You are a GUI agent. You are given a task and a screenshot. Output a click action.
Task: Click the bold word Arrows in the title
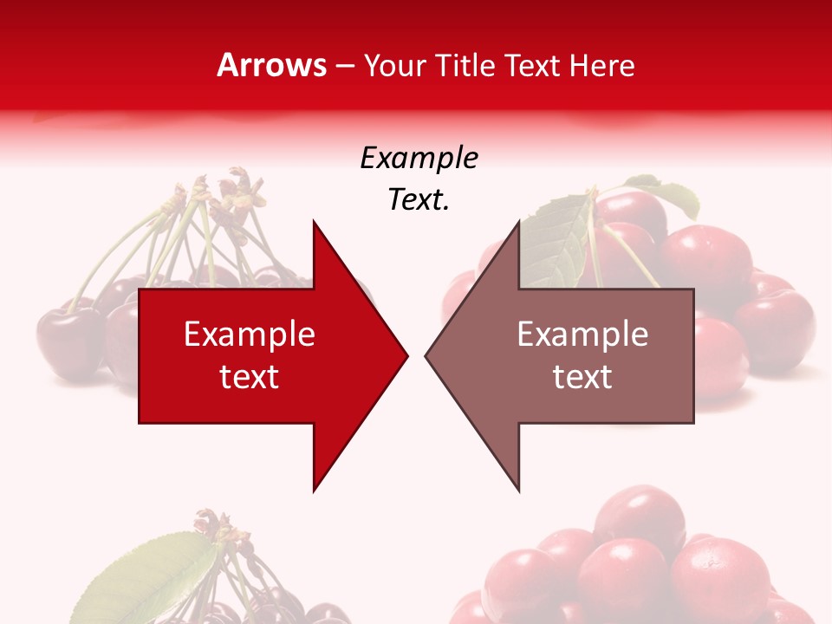click(x=272, y=65)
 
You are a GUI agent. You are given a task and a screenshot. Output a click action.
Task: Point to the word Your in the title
click(x=395, y=65)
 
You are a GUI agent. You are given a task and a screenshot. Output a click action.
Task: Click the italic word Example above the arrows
click(x=419, y=159)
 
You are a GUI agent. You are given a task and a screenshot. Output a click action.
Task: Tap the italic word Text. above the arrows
click(x=419, y=199)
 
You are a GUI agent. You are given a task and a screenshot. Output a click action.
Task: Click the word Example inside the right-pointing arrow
click(x=250, y=335)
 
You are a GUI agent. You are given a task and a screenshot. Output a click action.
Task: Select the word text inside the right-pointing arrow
click(x=250, y=377)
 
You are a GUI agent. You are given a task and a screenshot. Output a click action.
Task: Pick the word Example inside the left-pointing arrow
click(x=582, y=335)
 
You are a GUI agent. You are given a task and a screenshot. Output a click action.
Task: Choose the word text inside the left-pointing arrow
click(x=582, y=377)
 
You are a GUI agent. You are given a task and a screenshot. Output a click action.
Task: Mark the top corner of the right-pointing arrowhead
click(x=315, y=223)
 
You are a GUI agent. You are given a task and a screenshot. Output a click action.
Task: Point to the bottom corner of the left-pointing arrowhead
click(x=518, y=490)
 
